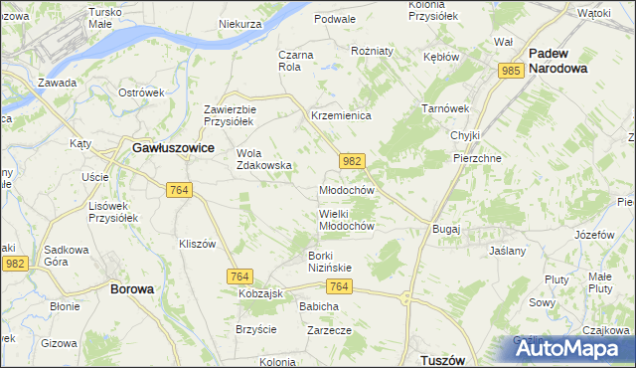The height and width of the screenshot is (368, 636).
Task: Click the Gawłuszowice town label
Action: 174,146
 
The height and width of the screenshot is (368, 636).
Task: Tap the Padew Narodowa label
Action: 557,61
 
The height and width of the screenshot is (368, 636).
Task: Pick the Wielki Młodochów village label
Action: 346,219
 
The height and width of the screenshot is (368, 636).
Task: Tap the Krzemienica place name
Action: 341,116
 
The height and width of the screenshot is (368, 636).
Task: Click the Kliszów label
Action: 197,244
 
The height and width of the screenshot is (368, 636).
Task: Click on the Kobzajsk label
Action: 261,294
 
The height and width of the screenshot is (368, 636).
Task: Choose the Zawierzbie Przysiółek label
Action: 231,115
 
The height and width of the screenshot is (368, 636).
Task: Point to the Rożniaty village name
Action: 373,50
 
